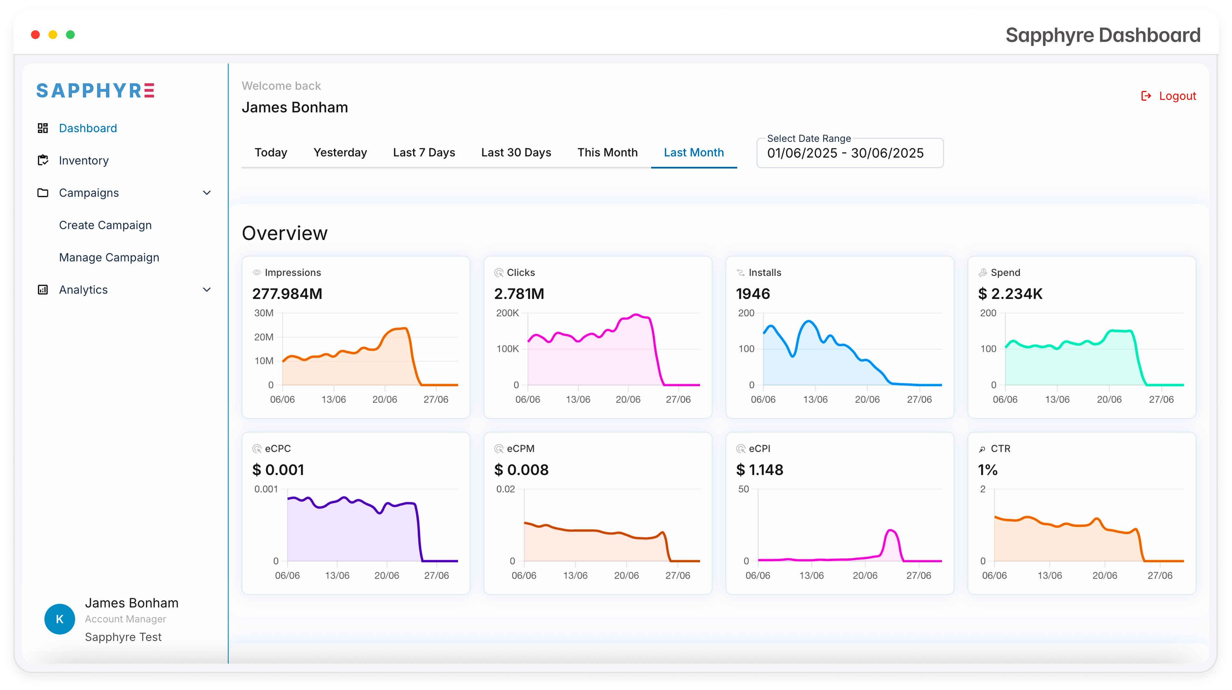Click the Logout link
[x=1168, y=96]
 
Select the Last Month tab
[x=693, y=153]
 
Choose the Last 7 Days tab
[x=424, y=153]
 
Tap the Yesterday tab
[x=340, y=153]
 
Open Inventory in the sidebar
[x=84, y=161]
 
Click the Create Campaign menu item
[x=105, y=225]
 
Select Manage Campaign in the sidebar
[x=109, y=258]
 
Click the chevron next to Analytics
[x=207, y=290]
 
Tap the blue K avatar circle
[x=60, y=619]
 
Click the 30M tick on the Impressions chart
[x=264, y=313]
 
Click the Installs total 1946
[x=753, y=294]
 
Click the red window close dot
[x=35, y=35]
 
